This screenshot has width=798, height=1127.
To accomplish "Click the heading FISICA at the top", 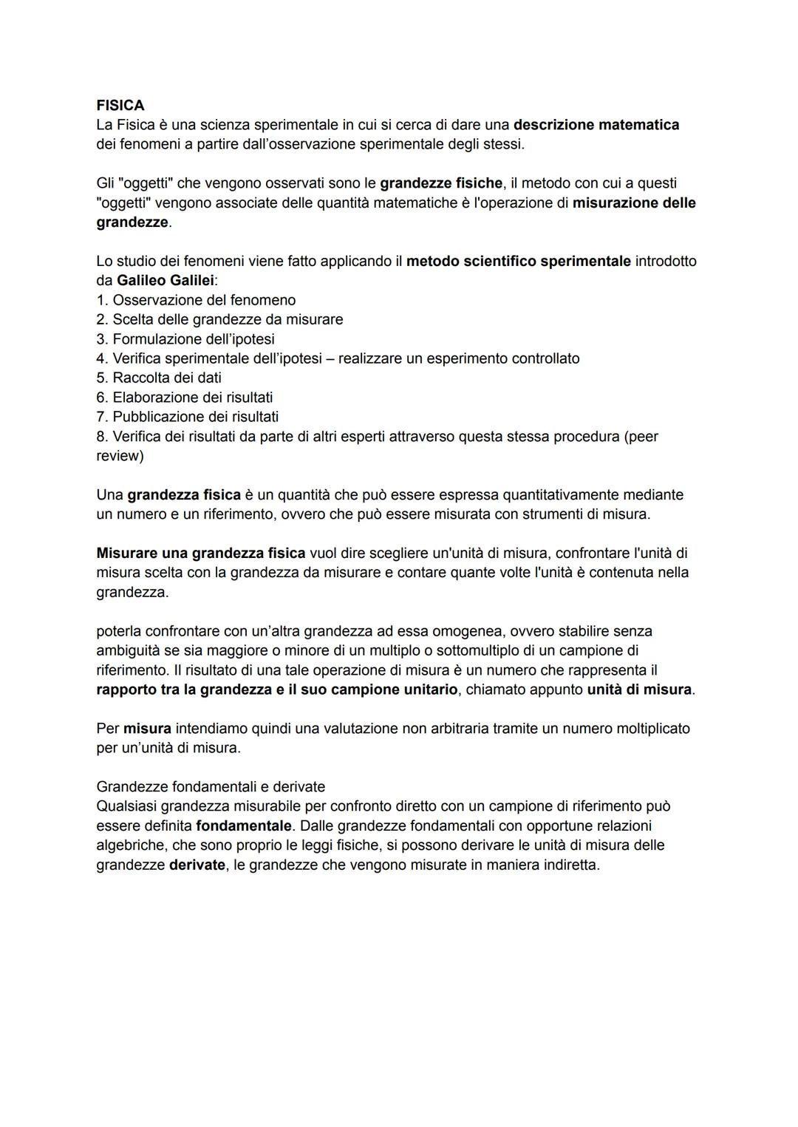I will point(120,105).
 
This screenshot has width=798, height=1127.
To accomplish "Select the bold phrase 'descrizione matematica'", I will point(596,124).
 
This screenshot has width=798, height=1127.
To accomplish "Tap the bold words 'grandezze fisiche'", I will point(441,183).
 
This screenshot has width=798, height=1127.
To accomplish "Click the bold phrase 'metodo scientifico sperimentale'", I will point(519,261).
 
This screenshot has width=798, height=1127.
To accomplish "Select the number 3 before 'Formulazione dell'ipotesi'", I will point(101,339).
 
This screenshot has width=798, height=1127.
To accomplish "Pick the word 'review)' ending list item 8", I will point(120,456).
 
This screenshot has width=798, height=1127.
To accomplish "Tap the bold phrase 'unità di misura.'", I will point(641,690).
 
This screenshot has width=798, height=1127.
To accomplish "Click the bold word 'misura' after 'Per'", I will point(147,729).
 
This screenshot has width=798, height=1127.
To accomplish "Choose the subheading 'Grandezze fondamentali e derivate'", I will point(211,786).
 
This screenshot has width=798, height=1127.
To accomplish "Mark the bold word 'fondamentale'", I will point(244,825).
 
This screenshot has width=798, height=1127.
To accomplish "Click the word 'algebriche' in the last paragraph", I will point(130,845).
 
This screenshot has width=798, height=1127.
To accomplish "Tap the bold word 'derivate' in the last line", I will point(197,865).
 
